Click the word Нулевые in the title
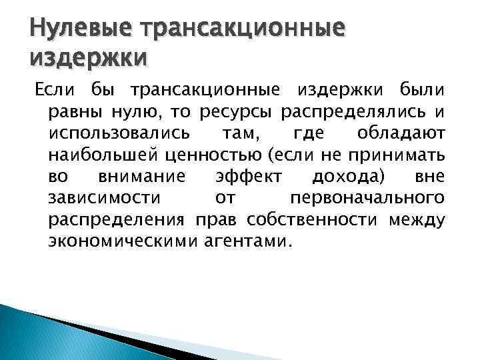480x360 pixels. pyautogui.click(x=74, y=29)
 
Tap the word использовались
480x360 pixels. pyautogui.click(x=109, y=133)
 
